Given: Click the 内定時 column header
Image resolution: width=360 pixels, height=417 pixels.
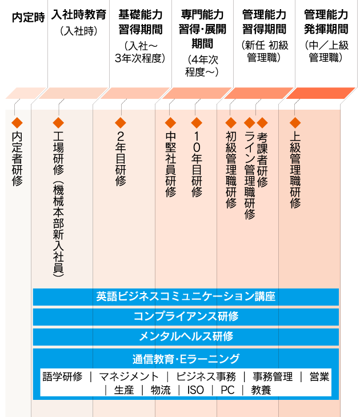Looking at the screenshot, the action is tap(28, 18).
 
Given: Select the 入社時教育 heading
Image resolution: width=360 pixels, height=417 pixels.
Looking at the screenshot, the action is tap(79, 15).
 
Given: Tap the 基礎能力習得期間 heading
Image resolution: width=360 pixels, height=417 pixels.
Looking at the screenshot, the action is tap(141, 22).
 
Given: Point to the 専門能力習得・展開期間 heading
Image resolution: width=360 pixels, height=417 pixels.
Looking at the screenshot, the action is tap(202, 29).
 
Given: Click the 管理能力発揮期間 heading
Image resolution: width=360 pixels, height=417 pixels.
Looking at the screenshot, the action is tap(326, 22).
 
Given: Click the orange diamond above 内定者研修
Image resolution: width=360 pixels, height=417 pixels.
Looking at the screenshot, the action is tap(17, 123).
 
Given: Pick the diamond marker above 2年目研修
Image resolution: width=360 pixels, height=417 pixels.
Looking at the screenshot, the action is tap(121, 123).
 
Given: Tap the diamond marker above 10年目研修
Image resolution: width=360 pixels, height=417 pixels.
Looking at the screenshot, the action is tap(197, 123).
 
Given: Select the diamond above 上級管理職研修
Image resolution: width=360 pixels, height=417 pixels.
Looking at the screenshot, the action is tap(295, 123).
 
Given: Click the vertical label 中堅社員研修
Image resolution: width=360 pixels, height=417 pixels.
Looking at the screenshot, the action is tap(170, 165).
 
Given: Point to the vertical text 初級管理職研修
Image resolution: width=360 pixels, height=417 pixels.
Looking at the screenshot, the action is tap(231, 170).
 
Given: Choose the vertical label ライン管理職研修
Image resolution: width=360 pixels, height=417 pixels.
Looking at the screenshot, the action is tap(250, 175).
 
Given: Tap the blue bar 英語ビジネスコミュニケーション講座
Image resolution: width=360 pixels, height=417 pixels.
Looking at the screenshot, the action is tap(186, 297).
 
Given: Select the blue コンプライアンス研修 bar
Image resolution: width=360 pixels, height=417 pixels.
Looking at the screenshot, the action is tap(186, 316).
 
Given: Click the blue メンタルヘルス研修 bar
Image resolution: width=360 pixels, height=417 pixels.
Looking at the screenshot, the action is tap(186, 336).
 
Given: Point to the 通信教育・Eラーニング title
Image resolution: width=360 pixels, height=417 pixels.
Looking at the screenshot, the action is tap(186, 359).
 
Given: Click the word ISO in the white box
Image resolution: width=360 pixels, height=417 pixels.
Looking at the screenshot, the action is tap(195, 390).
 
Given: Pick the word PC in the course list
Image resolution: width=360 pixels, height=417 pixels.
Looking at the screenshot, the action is tap(227, 390).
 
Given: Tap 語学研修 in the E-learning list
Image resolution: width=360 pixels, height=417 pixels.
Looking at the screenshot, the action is tap(62, 376).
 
